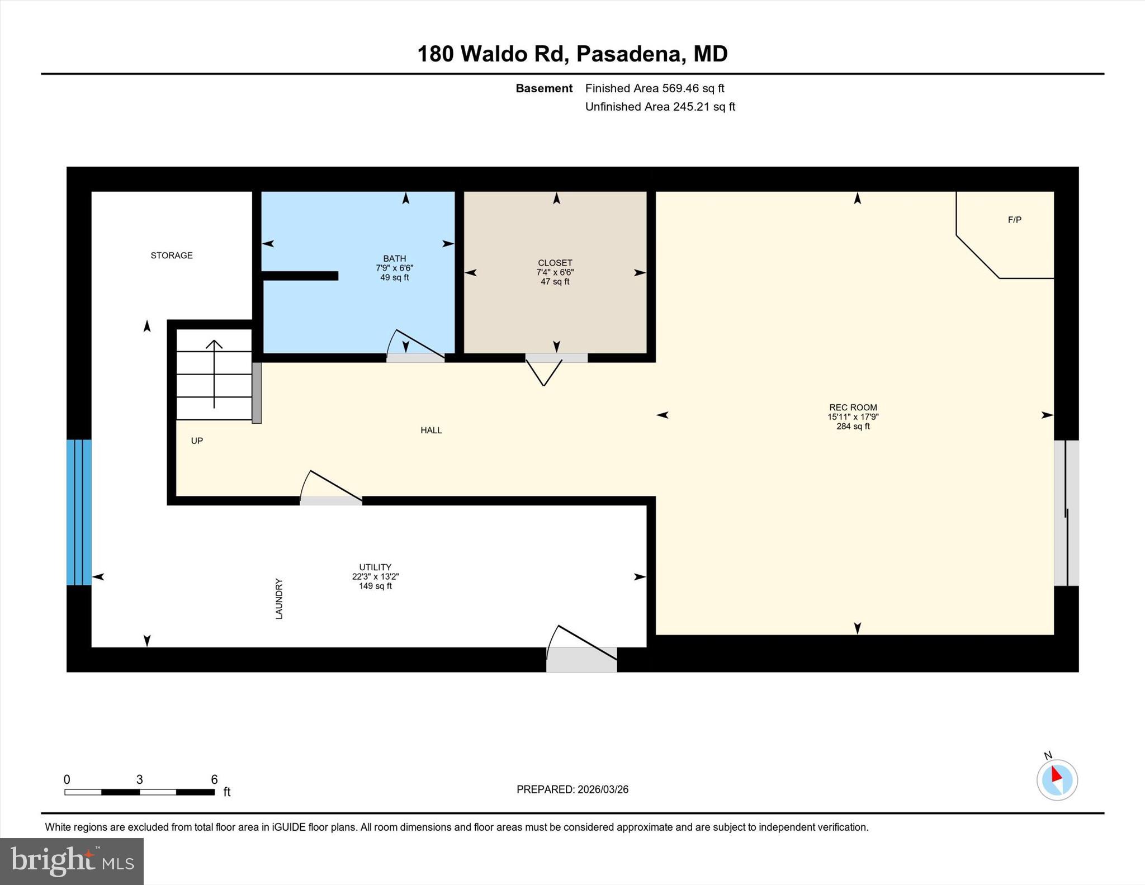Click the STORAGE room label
tap(172, 255)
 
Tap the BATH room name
tap(394, 258)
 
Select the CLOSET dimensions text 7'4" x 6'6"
tap(555, 272)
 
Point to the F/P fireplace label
tap(1014, 220)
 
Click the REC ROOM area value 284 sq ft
tap(853, 427)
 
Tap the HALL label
tap(431, 430)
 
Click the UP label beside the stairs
tap(197, 441)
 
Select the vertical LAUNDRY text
tap(279, 598)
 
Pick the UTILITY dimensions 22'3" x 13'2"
tap(375, 576)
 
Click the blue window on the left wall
tap(79, 512)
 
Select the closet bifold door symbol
tap(544, 372)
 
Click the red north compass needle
tap(1056, 775)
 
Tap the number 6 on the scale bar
tap(214, 779)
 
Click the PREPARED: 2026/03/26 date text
tap(572, 789)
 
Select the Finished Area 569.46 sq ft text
tap(654, 88)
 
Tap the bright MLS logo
tap(72, 861)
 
